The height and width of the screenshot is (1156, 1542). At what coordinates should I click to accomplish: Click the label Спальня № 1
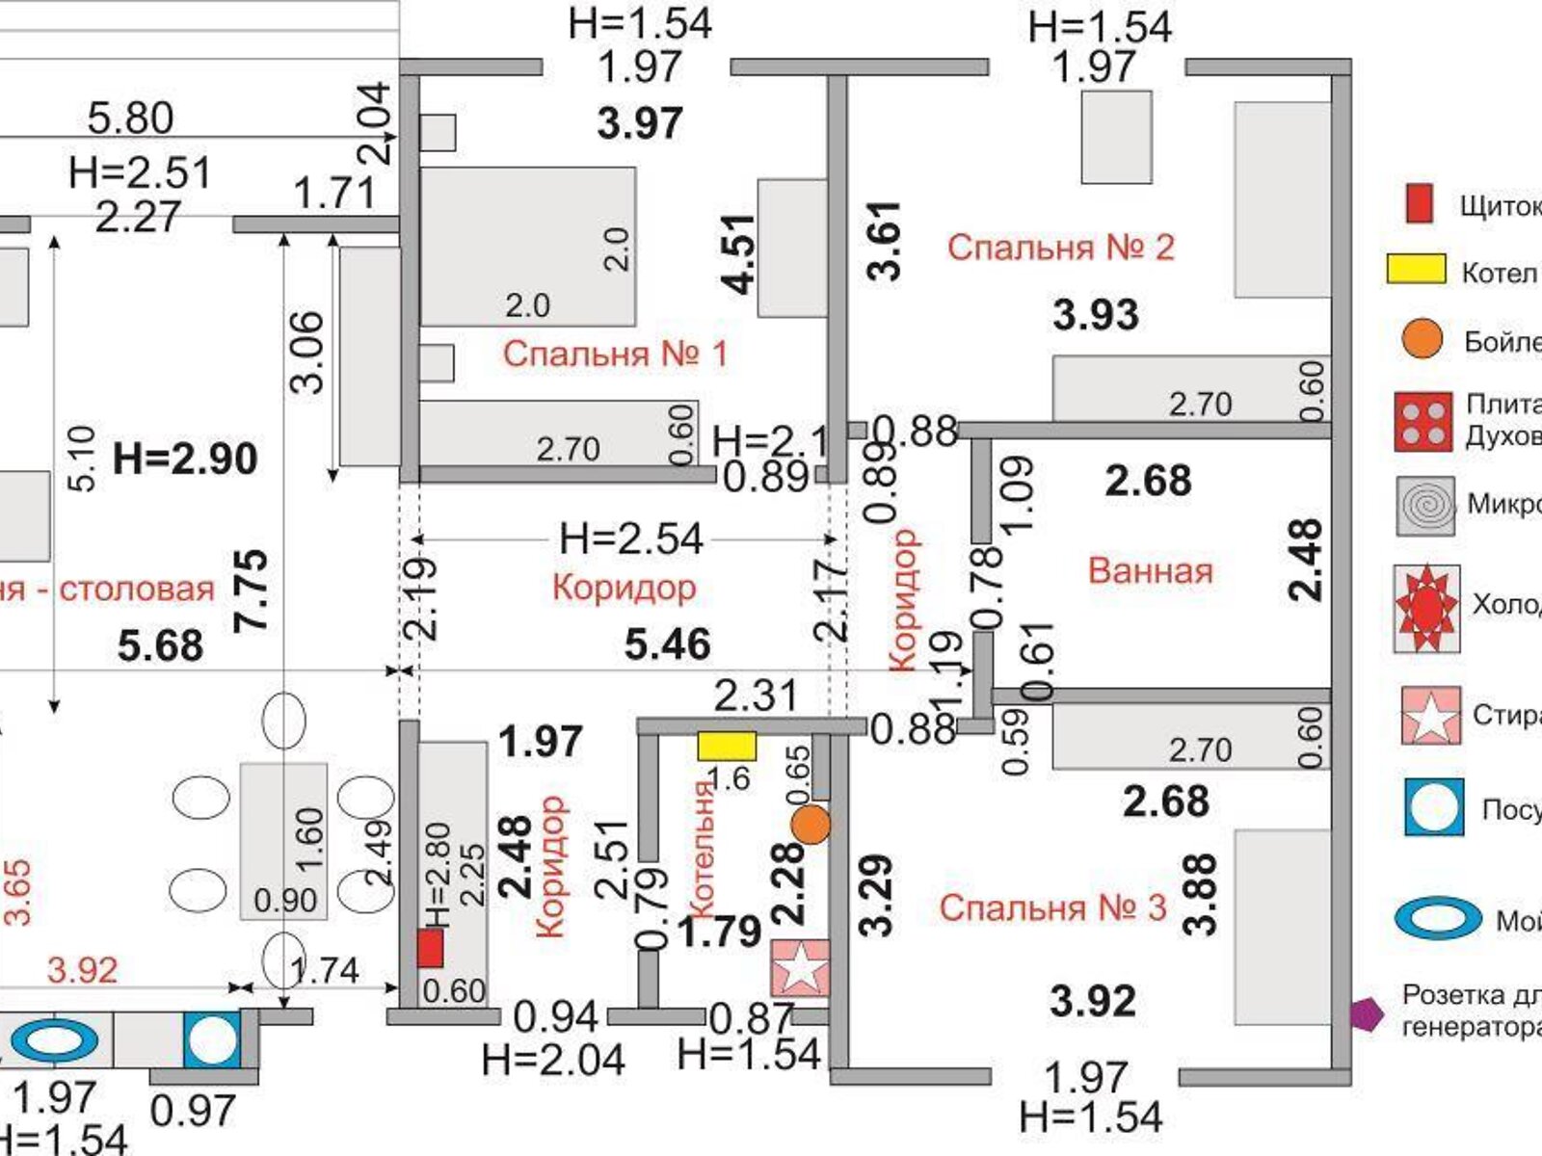[x=615, y=355]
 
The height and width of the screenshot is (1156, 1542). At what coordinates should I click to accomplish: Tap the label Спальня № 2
[x=1061, y=248]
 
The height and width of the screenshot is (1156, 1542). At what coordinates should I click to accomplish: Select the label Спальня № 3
[x=1053, y=907]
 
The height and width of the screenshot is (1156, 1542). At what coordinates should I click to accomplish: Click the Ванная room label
[x=1150, y=570]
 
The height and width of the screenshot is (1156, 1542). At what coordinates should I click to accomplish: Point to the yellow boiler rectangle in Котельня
[x=727, y=746]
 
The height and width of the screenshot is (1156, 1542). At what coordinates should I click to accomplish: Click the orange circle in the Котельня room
[x=811, y=825]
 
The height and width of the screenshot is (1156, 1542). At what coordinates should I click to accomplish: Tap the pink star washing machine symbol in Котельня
[x=800, y=968]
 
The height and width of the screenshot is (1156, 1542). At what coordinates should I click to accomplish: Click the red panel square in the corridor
[x=430, y=948]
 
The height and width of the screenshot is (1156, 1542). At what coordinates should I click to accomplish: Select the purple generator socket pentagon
[x=1365, y=1013]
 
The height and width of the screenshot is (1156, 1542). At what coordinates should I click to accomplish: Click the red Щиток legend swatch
[x=1419, y=204]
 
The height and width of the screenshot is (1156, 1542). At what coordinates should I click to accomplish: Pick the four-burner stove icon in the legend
[x=1422, y=421]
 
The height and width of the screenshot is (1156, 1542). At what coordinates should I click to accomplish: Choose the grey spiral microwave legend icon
[x=1425, y=505]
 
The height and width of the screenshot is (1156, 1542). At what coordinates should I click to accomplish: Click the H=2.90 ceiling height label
[x=185, y=459]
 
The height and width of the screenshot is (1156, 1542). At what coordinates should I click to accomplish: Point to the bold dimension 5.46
[x=667, y=644]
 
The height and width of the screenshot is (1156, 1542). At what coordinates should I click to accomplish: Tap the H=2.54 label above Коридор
[x=631, y=539]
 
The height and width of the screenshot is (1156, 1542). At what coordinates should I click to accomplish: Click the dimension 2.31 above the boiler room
[x=756, y=696]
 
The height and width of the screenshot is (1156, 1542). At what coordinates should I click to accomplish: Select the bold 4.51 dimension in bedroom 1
[x=739, y=253]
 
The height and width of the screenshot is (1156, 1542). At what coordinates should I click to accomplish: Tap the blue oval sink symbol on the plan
[x=56, y=1041]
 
